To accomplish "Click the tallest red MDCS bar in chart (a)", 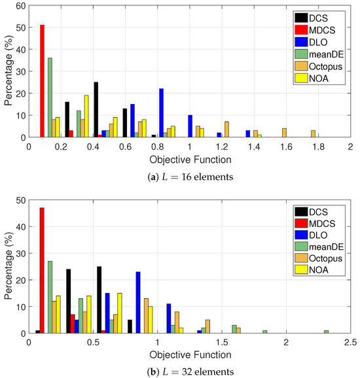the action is pyautogui.click(x=43, y=81).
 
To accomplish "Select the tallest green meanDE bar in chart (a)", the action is pyautogui.click(x=50, y=97).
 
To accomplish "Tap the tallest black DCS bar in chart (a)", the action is pyautogui.click(x=96, y=110).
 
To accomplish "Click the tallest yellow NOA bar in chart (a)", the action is pyautogui.click(x=86, y=116).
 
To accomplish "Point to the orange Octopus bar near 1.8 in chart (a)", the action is pyautogui.click(x=313, y=134).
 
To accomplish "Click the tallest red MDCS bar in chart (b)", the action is pyautogui.click(x=42, y=271).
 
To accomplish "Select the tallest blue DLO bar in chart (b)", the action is pyautogui.click(x=138, y=303).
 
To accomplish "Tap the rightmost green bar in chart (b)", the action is pyautogui.click(x=327, y=332).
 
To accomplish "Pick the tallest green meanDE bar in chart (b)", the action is pyautogui.click(x=50, y=298).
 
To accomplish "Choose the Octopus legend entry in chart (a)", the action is pyautogui.click(x=319, y=66).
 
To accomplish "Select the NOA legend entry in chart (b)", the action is pyautogui.click(x=312, y=269).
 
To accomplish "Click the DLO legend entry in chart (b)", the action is pyautogui.click(x=311, y=235).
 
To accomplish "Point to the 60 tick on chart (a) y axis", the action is pyautogui.click(x=21, y=6).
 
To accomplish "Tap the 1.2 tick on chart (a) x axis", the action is pyautogui.click(x=222, y=146).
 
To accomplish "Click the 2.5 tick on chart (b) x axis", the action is pyautogui.click(x=350, y=342).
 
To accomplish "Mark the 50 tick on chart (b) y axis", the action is pyautogui.click(x=21, y=200).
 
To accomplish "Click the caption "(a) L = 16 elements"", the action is pyautogui.click(x=190, y=177).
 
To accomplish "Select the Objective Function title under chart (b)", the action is pyautogui.click(x=190, y=355).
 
